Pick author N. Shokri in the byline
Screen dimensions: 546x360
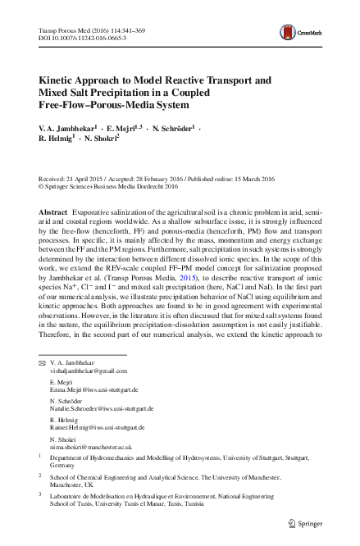coord(99,140)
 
